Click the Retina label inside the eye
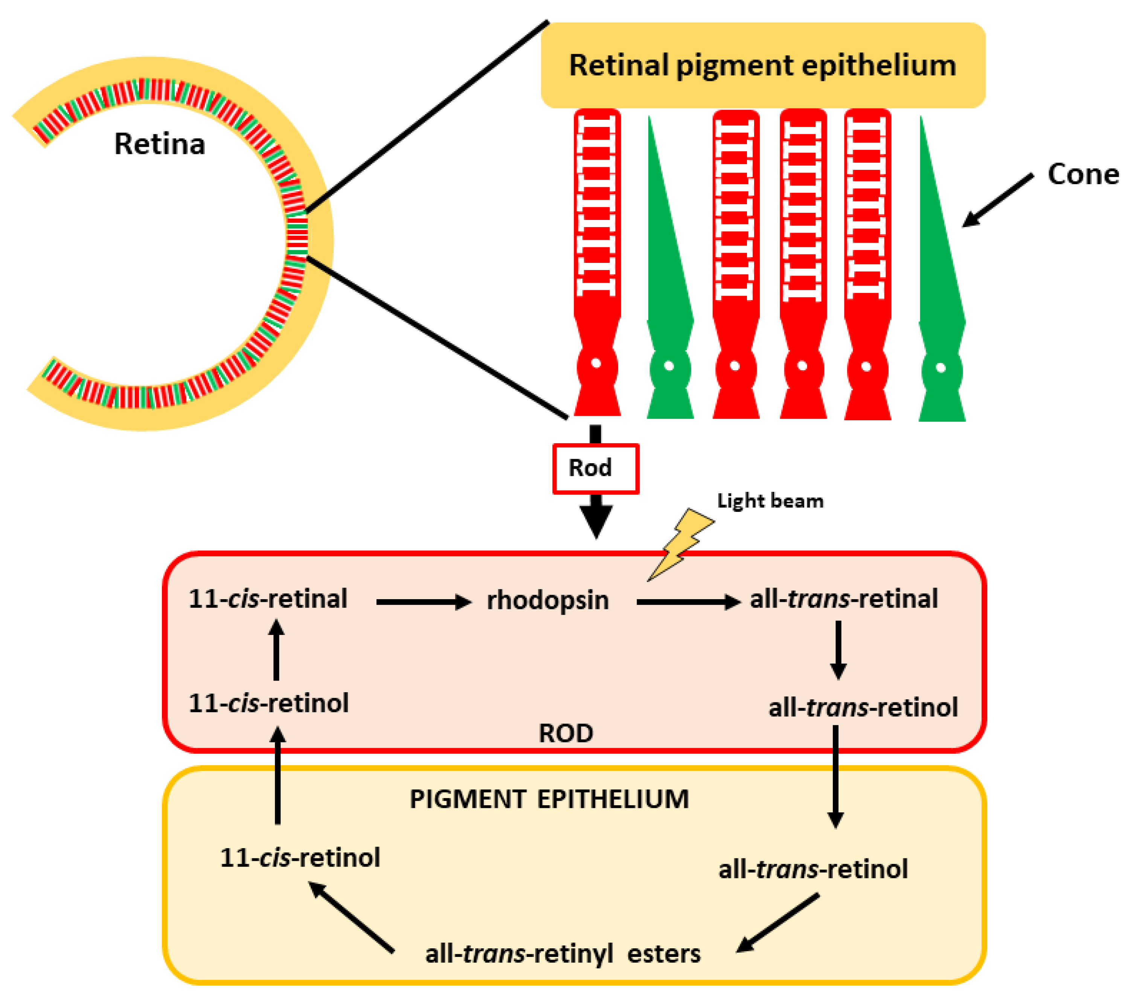(x=160, y=144)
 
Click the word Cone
(x=1082, y=174)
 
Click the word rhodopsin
(x=548, y=600)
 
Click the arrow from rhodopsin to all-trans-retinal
(x=687, y=602)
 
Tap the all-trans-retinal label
(x=843, y=599)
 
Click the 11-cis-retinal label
(x=268, y=599)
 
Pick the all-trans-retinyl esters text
(x=562, y=954)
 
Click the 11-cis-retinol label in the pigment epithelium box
(x=300, y=858)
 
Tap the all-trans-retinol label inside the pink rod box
(x=863, y=707)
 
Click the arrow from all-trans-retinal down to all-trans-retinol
(x=838, y=650)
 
